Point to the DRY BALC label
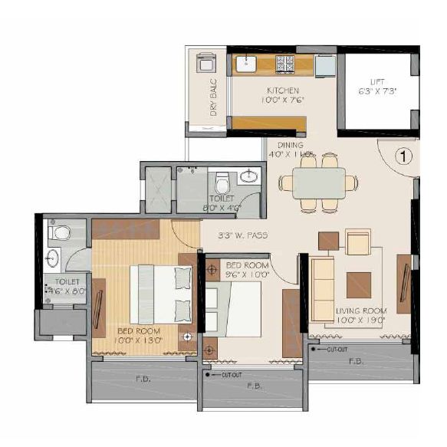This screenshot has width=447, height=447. (x=214, y=99)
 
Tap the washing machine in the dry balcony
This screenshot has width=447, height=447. (x=207, y=62)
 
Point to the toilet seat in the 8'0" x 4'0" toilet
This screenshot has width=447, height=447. (x=222, y=182)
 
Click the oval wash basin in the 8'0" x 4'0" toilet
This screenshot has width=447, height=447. (x=248, y=177)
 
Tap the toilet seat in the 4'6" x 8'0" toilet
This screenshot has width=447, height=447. (x=61, y=232)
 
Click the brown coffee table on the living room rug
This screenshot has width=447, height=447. (x=358, y=284)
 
